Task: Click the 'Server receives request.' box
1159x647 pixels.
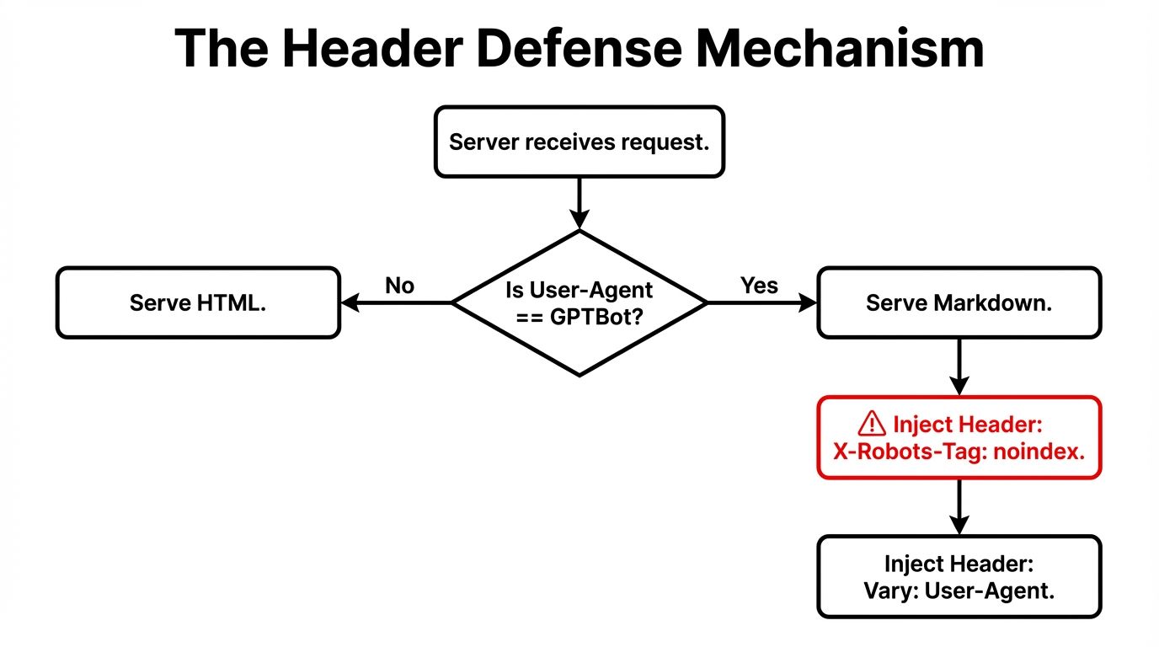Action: [x=579, y=142]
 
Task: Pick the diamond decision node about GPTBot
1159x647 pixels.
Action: [x=579, y=303]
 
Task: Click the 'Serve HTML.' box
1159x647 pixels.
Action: [x=198, y=303]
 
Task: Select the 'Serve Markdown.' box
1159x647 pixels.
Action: [x=959, y=303]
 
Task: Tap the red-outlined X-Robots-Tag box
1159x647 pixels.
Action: [x=959, y=437]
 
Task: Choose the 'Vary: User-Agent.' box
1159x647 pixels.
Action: [x=959, y=577]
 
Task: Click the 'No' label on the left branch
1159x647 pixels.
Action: [x=399, y=286]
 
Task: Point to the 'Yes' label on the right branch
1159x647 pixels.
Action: [x=759, y=286]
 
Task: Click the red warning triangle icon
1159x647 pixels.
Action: [x=871, y=423]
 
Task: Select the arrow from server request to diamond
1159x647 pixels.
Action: [x=579, y=203]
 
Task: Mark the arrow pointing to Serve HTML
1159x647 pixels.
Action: [x=396, y=303]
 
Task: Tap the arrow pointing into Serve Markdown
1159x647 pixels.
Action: [x=761, y=303]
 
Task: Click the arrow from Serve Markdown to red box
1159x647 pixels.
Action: [x=959, y=367]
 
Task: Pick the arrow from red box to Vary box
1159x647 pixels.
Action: [x=959, y=507]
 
